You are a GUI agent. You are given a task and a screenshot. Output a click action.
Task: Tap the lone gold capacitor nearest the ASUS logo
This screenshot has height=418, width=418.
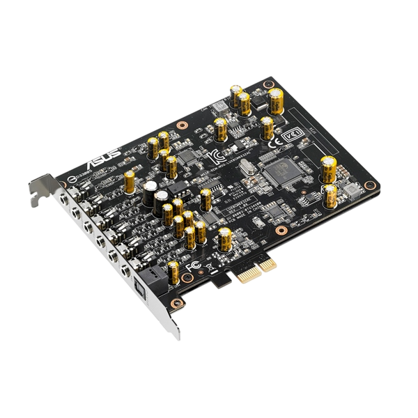(130, 183)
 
